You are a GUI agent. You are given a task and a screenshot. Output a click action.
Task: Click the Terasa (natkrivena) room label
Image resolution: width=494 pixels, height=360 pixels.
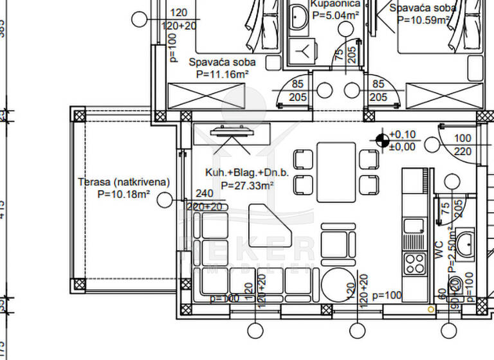pyautogui.click(x=123, y=182)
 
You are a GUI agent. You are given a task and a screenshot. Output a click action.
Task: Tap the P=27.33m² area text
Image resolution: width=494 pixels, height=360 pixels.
pyautogui.click(x=248, y=185)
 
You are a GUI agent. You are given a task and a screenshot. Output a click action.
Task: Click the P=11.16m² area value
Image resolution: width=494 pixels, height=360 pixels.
pyautogui.click(x=223, y=75)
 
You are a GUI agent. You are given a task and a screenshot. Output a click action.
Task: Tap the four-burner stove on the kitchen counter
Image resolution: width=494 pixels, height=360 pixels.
pyautogui.click(x=414, y=262)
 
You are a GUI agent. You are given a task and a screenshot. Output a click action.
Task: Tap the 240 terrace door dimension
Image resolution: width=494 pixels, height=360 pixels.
pyautogui.click(x=203, y=194)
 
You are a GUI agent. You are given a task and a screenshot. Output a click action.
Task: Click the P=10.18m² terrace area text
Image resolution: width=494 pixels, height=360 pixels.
pyautogui.click(x=123, y=194)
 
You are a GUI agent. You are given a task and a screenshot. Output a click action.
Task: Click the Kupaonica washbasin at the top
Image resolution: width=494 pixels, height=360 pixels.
pyautogui.click(x=300, y=15)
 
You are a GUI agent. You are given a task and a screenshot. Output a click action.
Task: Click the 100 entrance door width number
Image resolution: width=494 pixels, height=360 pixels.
pyautogui.click(x=462, y=138)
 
